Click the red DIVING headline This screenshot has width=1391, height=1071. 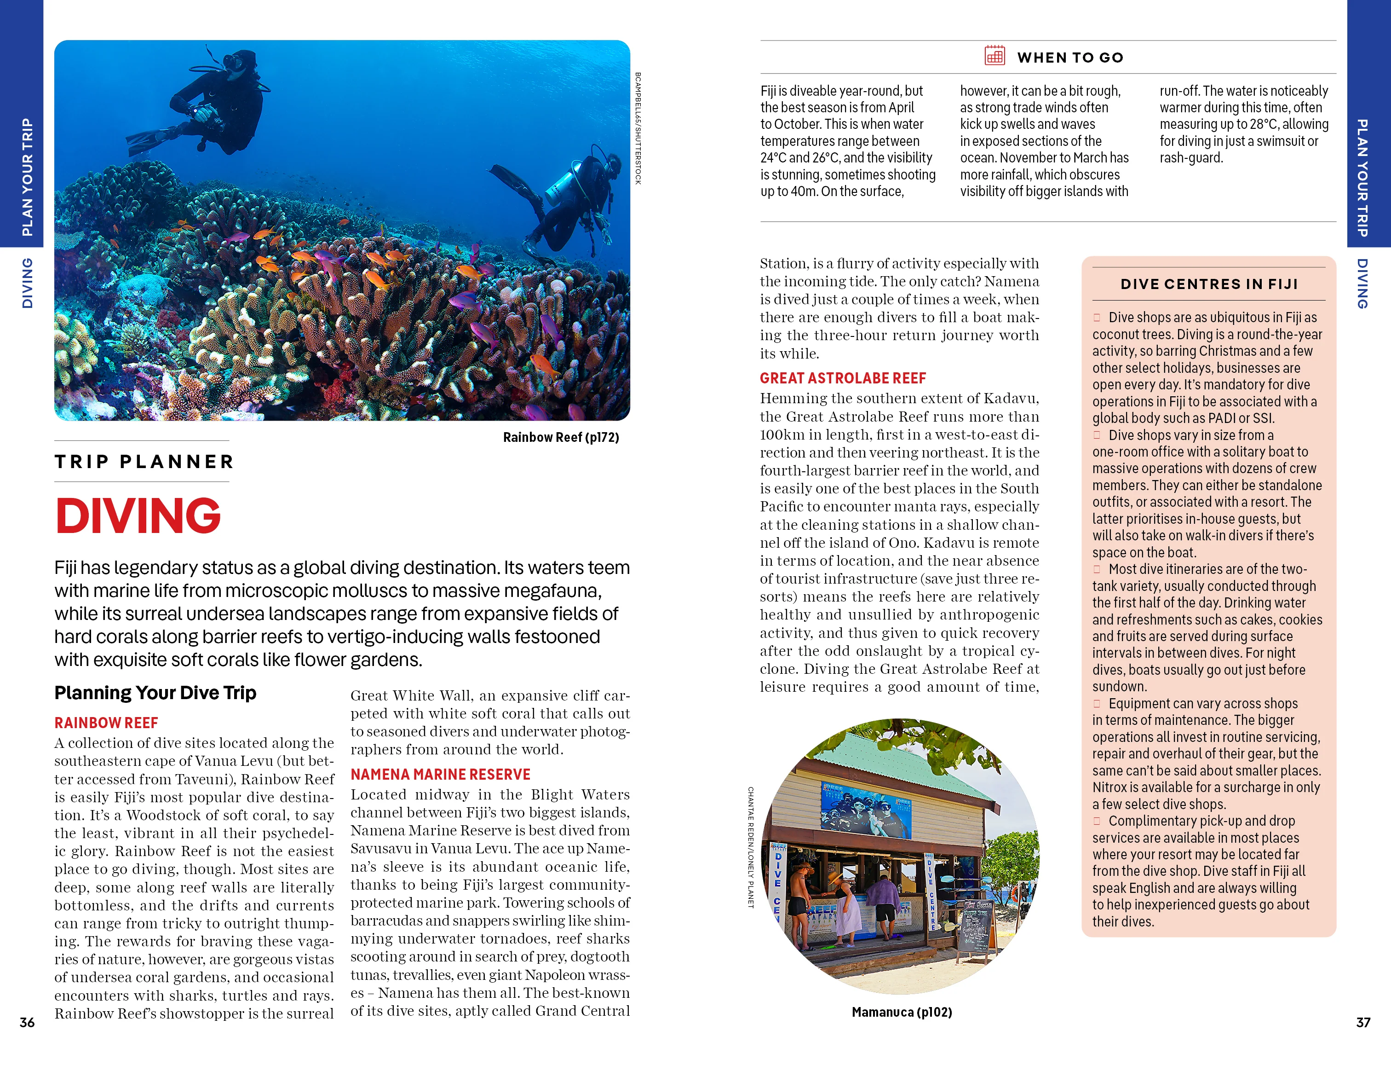pyautogui.click(x=138, y=515)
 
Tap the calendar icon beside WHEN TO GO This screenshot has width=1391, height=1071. pyautogui.click(x=994, y=56)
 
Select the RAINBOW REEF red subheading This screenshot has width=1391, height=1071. pyautogui.click(x=106, y=723)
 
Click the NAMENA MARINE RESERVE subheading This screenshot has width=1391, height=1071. pyautogui.click(x=440, y=774)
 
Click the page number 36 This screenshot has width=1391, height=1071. pyautogui.click(x=27, y=1022)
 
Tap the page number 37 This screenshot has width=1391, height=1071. pyautogui.click(x=1362, y=1022)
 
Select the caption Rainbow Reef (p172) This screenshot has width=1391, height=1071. pyautogui.click(x=560, y=437)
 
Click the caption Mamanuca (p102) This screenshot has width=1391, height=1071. pyautogui.click(x=901, y=1012)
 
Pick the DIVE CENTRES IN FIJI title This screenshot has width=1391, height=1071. pyautogui.click(x=1208, y=284)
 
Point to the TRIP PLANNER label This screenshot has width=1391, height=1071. pyautogui.click(x=144, y=461)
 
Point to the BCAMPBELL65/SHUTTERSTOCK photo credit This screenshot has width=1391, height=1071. pyautogui.click(x=638, y=128)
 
